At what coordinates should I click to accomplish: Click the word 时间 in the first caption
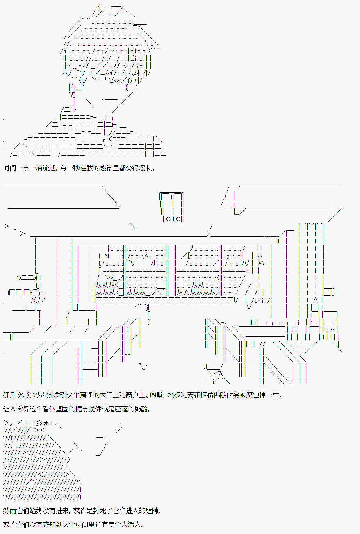coord(9,168)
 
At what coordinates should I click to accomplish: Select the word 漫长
coord(146,168)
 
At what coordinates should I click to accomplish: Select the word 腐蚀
coord(253,395)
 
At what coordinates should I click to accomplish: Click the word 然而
coord(9,511)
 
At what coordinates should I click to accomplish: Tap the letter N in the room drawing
coord(107,256)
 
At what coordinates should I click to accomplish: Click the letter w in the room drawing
coord(260,256)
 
